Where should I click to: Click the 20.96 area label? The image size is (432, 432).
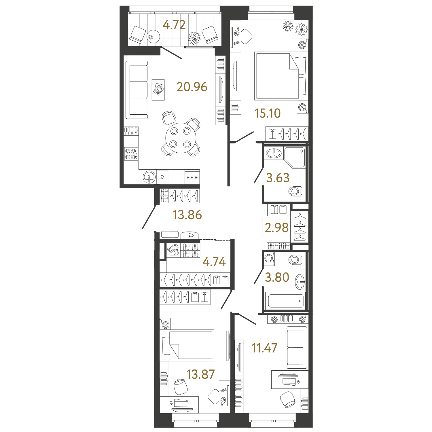click(192, 87)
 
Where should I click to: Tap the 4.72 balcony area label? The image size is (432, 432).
click(174, 25)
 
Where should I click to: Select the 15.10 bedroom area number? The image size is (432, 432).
click(268, 113)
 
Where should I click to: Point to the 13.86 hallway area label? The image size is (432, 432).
click(187, 215)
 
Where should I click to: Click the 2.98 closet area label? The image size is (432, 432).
click(277, 228)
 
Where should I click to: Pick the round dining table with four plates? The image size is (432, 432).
click(180, 138)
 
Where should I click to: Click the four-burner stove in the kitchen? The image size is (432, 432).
click(131, 154)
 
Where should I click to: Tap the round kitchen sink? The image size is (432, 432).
click(149, 177)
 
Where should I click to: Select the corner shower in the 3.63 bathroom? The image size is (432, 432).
click(294, 157)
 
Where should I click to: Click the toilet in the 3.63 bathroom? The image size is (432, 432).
click(295, 191)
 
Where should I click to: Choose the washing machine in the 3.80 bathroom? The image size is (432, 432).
click(269, 258)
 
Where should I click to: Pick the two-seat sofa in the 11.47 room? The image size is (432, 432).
click(297, 347)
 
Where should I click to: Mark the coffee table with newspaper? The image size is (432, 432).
click(158, 90)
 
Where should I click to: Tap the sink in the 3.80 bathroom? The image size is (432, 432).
click(300, 281)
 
